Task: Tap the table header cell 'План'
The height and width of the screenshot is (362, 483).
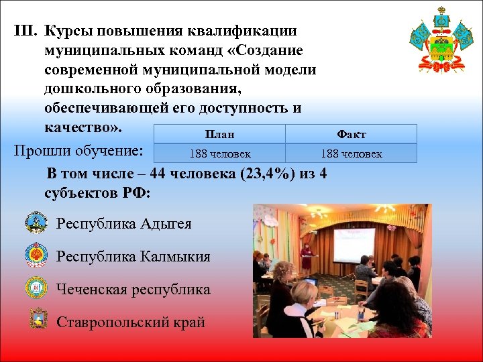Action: click(x=219, y=134)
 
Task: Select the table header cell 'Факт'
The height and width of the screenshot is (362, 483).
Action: click(x=351, y=134)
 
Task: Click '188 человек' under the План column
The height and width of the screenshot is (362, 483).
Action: click(x=219, y=154)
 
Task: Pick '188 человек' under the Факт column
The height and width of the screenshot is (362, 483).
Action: click(x=351, y=154)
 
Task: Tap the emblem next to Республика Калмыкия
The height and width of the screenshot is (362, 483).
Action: click(x=36, y=256)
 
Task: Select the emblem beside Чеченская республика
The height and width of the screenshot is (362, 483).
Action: click(x=36, y=289)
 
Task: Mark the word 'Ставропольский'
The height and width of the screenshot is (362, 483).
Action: click(x=115, y=322)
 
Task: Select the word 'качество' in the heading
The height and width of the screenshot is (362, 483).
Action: click(x=80, y=127)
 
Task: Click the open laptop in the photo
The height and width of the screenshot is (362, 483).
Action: click(x=310, y=282)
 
